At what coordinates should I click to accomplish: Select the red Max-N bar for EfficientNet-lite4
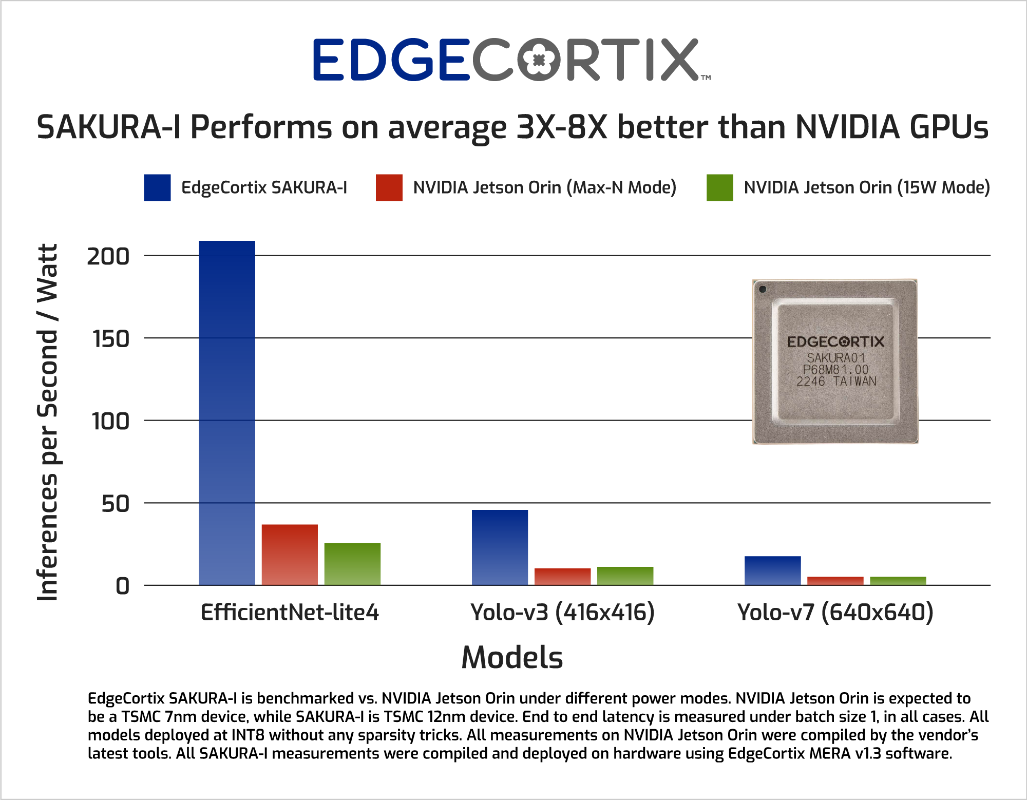290,555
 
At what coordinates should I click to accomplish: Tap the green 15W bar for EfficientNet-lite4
352,564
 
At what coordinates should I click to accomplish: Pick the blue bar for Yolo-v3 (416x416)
500,547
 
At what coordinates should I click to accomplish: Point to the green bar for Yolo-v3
625,576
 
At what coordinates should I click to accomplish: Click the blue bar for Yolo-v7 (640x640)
772,570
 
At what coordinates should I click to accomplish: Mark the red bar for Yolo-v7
835,581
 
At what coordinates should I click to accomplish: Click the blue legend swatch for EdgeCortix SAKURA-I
157,187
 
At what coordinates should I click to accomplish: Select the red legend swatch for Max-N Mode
389,187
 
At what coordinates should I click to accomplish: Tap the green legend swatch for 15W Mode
719,187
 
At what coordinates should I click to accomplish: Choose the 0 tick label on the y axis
122,586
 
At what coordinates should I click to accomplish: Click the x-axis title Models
512,657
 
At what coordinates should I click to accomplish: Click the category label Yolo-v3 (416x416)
562,612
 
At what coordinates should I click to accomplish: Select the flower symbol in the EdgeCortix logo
539,60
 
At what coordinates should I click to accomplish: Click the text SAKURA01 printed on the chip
835,357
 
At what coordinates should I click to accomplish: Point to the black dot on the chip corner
763,289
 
